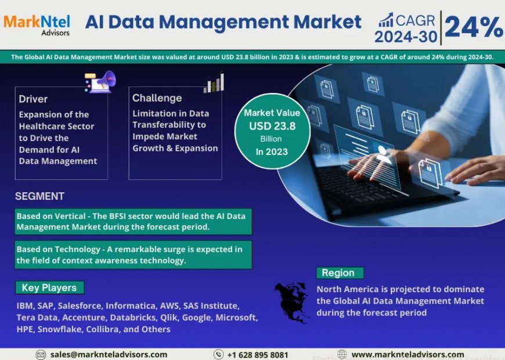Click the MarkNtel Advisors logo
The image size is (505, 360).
pos(37,24)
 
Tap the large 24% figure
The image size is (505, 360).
pos(474,27)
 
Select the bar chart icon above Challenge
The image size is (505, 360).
pos(214,82)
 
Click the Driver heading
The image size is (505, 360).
pos(33,99)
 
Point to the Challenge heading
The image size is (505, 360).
pos(157,98)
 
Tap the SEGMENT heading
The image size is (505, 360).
pos(39,196)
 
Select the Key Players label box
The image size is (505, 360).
pos(49,287)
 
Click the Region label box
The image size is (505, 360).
pos(339,273)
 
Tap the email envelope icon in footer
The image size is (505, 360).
pos(41,354)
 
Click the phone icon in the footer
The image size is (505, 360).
pos(218,354)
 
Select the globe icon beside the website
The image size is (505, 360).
pos(342,354)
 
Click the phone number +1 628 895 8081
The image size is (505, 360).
pos(258,354)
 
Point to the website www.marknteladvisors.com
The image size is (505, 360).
pos(407,354)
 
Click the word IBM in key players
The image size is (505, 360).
pos(24,305)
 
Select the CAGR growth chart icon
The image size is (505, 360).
pos(385,20)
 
